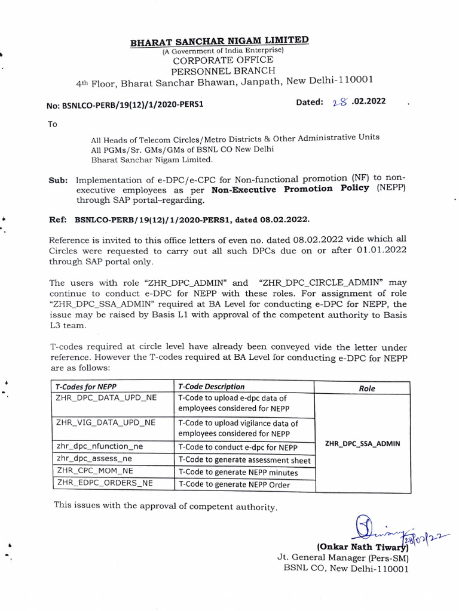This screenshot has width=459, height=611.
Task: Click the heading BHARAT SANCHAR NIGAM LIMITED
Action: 220,42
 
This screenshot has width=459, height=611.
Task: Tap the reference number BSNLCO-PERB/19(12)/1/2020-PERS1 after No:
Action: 134,104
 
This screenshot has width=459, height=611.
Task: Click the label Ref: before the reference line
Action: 58,219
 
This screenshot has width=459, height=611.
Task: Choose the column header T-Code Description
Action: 211,387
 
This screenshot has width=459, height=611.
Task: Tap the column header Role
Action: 366,388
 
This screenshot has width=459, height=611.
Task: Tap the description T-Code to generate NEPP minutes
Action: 238,472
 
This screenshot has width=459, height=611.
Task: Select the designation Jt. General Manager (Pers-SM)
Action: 342,557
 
